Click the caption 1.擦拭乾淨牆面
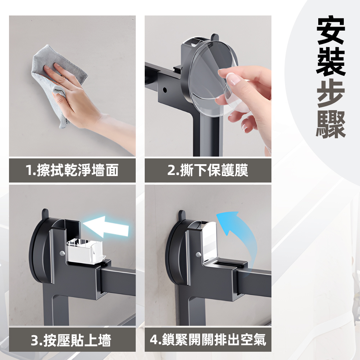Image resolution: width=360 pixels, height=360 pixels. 72,170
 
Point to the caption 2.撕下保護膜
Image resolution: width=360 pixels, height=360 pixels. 208,170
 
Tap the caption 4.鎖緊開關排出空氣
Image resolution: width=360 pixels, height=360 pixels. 208,340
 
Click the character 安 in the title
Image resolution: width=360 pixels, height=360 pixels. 331,31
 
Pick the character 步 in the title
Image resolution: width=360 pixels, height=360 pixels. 331,93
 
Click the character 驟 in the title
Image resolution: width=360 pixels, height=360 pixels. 331,124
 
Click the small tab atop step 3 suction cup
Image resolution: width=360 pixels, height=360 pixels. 45,213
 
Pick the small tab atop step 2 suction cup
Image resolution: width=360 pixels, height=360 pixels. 215,37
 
